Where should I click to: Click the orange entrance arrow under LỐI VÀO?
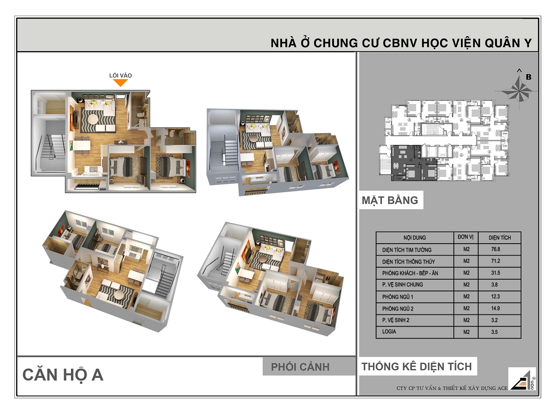120,83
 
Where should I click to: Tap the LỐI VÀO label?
120,75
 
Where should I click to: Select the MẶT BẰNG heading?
390,201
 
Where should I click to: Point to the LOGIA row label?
389,332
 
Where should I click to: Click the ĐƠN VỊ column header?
465,237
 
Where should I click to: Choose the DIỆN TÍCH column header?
499,238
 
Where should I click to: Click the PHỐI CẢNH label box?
300,367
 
